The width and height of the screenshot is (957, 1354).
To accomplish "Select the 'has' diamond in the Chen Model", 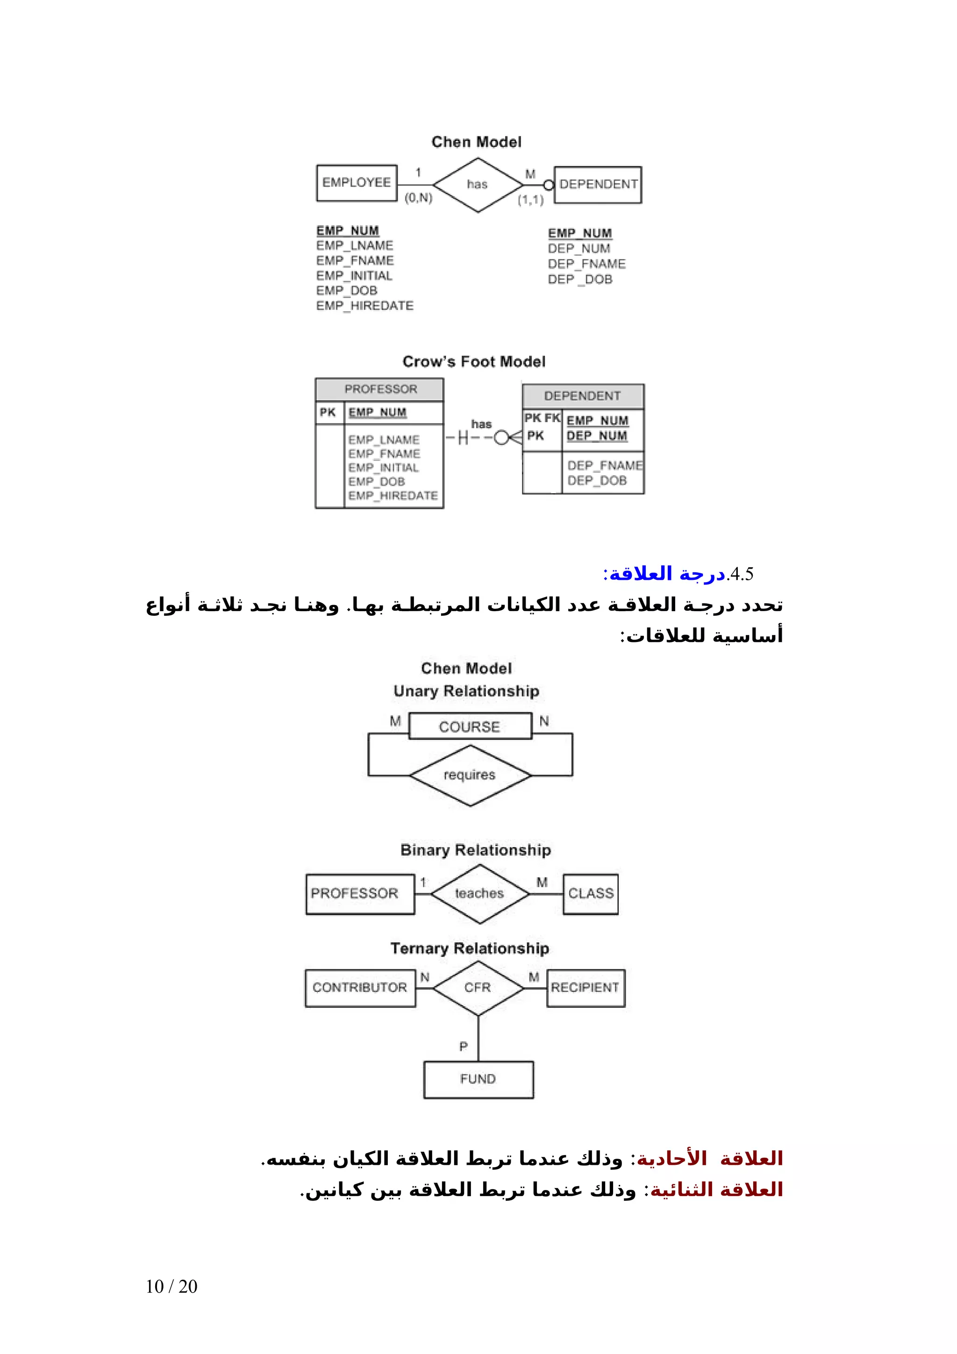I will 477,185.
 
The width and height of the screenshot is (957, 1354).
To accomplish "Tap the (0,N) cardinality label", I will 418,198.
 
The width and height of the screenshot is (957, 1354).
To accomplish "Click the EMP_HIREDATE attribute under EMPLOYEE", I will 364,306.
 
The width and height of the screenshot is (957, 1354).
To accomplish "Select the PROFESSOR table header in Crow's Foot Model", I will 380,389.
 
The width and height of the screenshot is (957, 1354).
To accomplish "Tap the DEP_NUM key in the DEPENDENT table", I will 597,436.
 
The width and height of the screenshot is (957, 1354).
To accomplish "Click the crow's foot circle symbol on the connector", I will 500,438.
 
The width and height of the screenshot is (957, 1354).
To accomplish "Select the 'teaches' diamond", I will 479,893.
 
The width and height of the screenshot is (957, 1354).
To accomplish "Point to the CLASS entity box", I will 590,893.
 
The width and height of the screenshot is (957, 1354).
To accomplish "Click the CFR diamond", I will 478,987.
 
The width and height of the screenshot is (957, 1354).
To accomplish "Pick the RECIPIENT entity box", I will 585,987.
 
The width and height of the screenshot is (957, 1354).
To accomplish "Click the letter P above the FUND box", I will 464,1046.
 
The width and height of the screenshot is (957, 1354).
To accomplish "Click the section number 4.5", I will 741,574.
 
